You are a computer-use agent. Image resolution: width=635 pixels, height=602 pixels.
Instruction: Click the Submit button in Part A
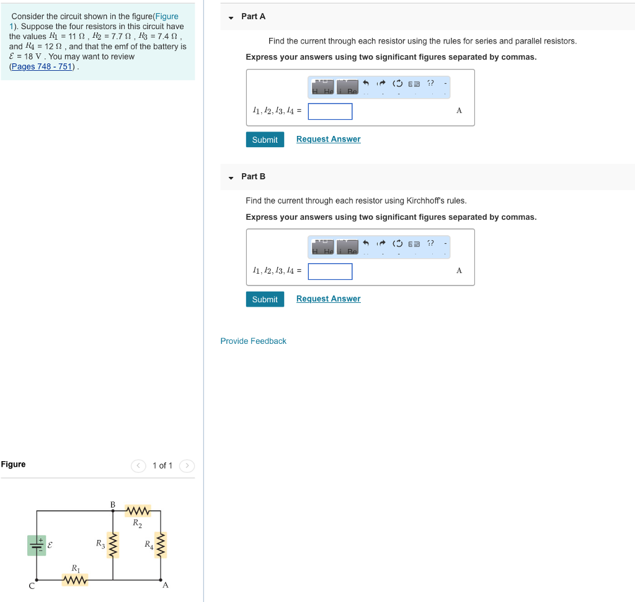tap(265, 140)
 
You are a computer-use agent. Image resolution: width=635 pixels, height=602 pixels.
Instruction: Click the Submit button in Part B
tap(265, 299)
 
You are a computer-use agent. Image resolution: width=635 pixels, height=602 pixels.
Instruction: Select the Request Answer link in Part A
tap(328, 139)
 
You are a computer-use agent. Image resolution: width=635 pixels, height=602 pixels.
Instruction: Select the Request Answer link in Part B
tap(328, 299)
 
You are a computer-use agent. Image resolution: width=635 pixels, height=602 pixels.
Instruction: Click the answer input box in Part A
tap(330, 111)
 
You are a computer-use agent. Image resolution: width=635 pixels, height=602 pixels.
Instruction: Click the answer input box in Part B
tap(330, 271)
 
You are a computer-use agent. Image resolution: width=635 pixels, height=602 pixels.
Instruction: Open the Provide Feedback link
tap(253, 341)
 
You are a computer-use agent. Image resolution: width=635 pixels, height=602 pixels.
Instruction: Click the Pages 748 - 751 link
tap(42, 66)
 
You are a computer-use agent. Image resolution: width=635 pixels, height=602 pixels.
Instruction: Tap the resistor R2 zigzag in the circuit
tap(138, 511)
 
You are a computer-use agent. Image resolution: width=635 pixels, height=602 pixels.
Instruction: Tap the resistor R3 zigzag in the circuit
tap(113, 545)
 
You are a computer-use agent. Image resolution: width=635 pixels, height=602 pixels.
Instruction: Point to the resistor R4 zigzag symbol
tap(161, 545)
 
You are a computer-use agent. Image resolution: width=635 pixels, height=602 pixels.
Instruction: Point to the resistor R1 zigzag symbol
tap(75, 580)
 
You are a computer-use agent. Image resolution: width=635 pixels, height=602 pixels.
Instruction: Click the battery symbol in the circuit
tap(37, 546)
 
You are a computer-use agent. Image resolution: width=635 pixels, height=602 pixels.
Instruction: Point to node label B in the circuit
tap(113, 504)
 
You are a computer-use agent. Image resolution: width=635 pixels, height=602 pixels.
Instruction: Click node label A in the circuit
tap(165, 585)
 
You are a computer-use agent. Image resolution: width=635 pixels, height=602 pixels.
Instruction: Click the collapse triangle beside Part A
tap(231, 17)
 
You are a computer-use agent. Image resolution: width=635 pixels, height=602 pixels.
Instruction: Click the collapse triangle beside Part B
tap(231, 177)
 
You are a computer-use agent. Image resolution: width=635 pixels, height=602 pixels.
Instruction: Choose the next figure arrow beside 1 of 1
tap(187, 465)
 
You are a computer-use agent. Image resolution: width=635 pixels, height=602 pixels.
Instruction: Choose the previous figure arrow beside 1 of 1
tap(138, 465)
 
